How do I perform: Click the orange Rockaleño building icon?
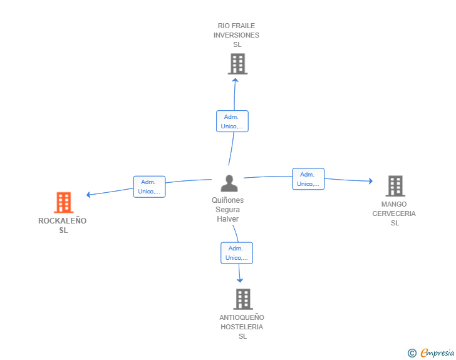pyautogui.click(x=64, y=202)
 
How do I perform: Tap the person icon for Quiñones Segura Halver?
pyautogui.click(x=229, y=183)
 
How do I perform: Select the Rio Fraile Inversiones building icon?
pyautogui.click(x=237, y=64)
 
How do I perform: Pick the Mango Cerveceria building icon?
pyautogui.click(x=395, y=186)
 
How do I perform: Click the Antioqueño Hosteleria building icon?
pyautogui.click(x=243, y=299)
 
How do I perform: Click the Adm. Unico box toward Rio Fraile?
pyautogui.click(x=232, y=121)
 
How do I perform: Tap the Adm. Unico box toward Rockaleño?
pyautogui.click(x=149, y=187)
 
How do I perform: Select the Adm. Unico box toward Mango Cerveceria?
pyautogui.click(x=308, y=179)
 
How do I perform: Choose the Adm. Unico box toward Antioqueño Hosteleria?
pyautogui.click(x=237, y=253)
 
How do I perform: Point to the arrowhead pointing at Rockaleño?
pyautogui.click(x=88, y=195)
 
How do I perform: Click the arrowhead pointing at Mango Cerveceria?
pyautogui.click(x=371, y=181)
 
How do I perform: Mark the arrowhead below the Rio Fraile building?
pyautogui.click(x=236, y=80)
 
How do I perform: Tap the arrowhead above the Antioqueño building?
pyautogui.click(x=240, y=280)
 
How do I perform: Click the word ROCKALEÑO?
pyautogui.click(x=62, y=221)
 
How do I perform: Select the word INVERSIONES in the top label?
pyautogui.click(x=236, y=35)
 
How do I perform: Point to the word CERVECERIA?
pyautogui.click(x=394, y=213)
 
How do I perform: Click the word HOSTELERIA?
pyautogui.click(x=242, y=327)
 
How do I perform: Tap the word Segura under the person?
pyautogui.click(x=228, y=209)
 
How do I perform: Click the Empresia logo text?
pyautogui.click(x=437, y=353)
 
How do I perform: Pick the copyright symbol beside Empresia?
pyautogui.click(x=412, y=353)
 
